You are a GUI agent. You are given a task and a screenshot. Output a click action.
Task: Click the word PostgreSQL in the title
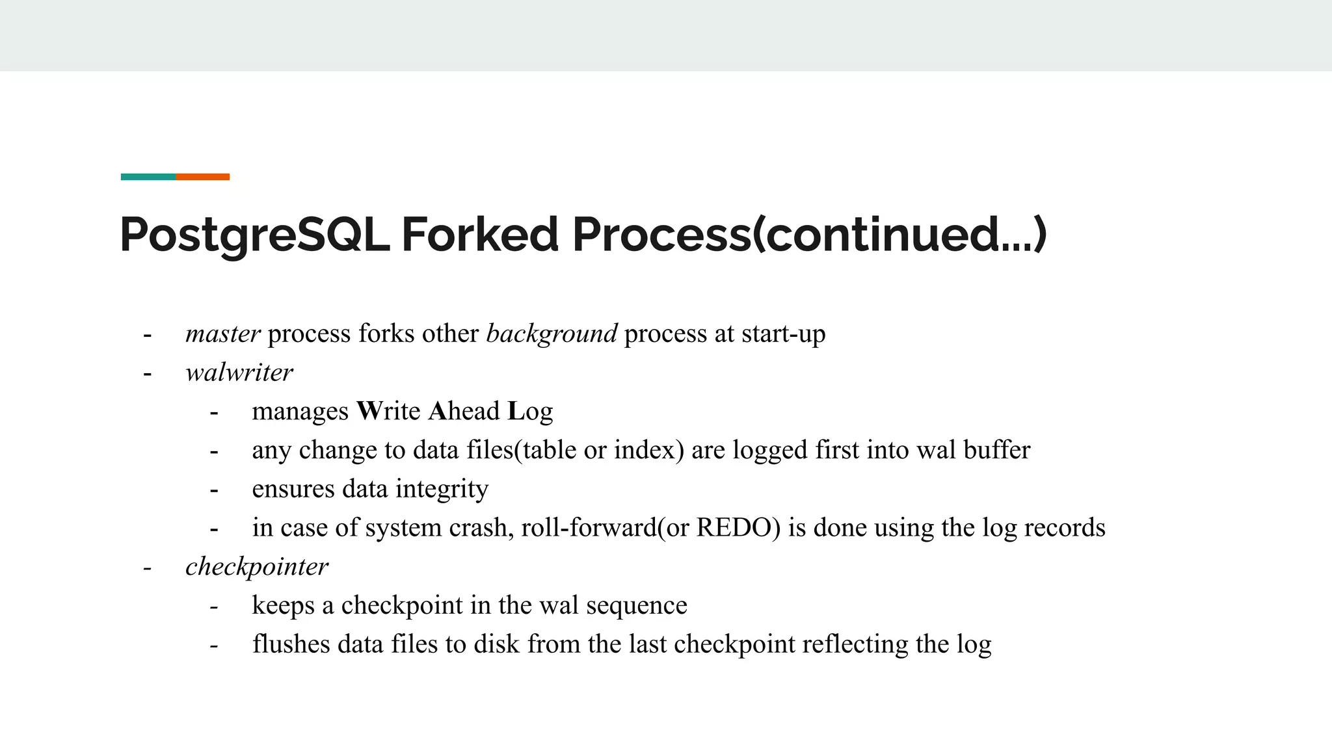(x=254, y=235)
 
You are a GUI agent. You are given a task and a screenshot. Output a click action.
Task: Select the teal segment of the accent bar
(x=148, y=177)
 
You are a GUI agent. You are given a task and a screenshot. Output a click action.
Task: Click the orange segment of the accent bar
(x=202, y=177)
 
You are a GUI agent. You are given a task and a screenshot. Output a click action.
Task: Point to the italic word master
(x=223, y=334)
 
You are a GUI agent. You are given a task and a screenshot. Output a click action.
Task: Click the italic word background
(x=552, y=334)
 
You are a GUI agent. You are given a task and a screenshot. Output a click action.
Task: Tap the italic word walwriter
(x=239, y=373)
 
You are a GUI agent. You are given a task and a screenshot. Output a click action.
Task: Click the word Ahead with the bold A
(x=464, y=411)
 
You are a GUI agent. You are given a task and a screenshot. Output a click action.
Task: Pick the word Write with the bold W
(x=388, y=411)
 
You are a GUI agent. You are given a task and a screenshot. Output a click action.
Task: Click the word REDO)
(x=738, y=527)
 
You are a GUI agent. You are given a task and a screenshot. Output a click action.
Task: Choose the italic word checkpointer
(x=257, y=566)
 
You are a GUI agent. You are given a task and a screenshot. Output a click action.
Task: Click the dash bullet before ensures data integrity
(x=214, y=490)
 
